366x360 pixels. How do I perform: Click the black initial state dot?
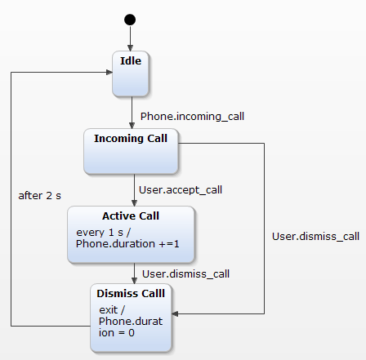click(130, 20)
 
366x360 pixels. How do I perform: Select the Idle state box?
click(131, 73)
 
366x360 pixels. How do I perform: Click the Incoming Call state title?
click(131, 139)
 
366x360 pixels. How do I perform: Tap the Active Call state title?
click(131, 216)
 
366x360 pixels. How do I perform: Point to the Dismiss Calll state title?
click(131, 294)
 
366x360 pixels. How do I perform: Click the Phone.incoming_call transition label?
click(192, 117)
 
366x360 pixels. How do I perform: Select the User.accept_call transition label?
click(181, 190)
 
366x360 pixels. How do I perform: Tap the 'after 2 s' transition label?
click(40, 196)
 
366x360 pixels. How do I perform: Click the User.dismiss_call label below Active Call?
click(185, 274)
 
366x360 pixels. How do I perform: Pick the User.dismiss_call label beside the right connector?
click(315, 237)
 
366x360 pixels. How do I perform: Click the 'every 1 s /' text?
click(104, 233)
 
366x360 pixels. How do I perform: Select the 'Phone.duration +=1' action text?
click(127, 244)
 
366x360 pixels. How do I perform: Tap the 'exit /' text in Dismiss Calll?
click(112, 310)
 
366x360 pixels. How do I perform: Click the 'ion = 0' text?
click(117, 333)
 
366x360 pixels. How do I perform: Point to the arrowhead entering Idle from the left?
click(109, 72)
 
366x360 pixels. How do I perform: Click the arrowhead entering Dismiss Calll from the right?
click(175, 313)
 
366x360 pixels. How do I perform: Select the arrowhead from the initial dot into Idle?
click(130, 47)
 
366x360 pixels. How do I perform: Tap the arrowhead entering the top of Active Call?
click(134, 203)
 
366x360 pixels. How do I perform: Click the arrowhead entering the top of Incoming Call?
click(132, 126)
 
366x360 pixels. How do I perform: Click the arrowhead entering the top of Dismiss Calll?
click(134, 281)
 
